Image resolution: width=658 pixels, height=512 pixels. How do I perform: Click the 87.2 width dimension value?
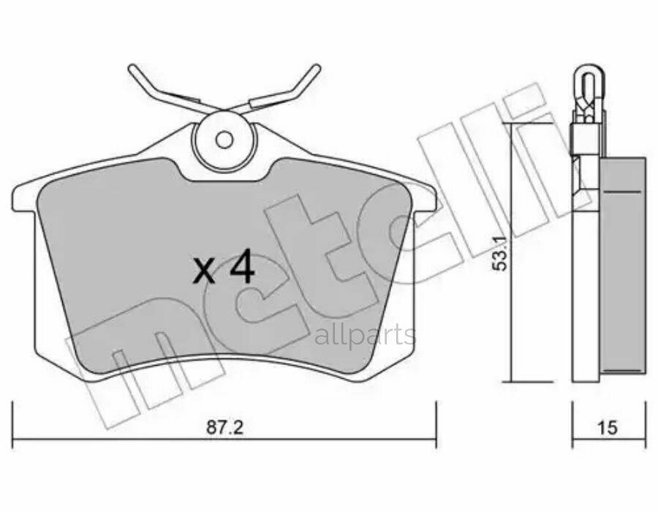point(224,427)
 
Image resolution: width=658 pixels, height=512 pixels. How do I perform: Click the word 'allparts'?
point(366,336)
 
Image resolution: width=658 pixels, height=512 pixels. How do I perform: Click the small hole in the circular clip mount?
point(224,139)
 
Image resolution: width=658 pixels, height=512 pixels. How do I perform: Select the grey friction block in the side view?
point(622,267)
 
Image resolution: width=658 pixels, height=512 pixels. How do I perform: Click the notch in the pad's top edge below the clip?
point(224,176)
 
